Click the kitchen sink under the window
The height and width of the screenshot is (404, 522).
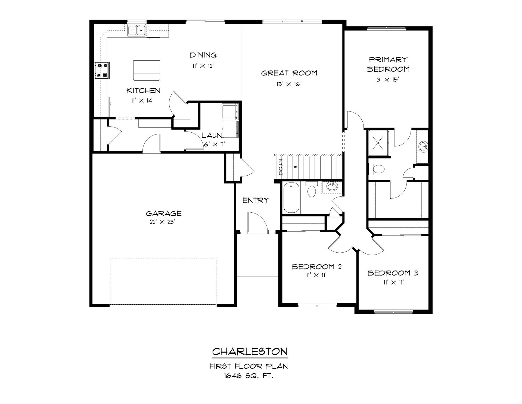137,30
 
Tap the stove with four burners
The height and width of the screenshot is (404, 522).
102,70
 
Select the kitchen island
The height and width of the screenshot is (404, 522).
147,71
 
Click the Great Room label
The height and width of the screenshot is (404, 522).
289,73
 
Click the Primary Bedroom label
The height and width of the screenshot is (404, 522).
388,64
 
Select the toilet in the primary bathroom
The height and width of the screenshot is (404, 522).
377,169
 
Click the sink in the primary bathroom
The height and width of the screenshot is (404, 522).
423,147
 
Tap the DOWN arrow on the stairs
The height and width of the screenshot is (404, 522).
291,167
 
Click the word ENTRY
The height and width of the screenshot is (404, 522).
256,200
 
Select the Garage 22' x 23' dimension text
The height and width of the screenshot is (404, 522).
162,222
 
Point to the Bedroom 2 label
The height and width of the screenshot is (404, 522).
316,267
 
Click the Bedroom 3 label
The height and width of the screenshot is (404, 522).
393,273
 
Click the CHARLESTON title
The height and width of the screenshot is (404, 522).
250,351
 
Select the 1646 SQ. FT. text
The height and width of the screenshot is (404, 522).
248,376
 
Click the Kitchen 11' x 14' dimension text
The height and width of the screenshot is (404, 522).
142,101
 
